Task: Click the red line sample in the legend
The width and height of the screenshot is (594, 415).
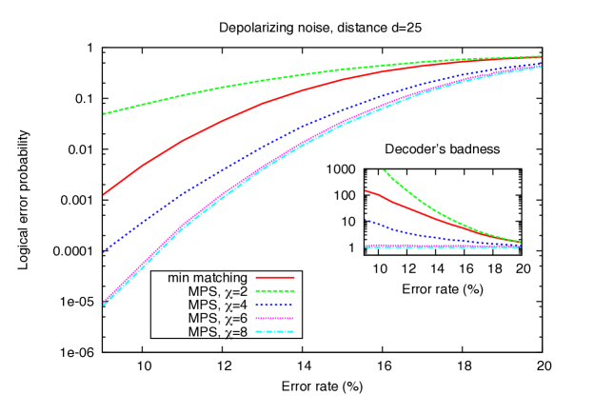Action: click(274, 278)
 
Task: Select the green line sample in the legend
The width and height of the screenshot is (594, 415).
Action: click(274, 291)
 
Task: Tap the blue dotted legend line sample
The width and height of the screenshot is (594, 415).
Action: click(274, 305)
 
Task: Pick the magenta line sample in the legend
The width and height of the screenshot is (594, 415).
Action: click(274, 319)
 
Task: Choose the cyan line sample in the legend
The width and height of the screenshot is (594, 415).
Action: click(274, 332)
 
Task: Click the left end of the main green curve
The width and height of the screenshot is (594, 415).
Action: click(105, 114)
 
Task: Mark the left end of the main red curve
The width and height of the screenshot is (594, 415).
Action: click(105, 194)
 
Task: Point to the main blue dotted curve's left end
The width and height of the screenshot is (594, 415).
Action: click(105, 251)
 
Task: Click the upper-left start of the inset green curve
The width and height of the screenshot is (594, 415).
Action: click(384, 171)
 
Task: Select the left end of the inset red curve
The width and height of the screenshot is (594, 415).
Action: click(366, 191)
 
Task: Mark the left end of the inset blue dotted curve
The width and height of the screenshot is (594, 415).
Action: click(366, 221)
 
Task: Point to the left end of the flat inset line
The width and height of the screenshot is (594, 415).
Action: click(366, 247)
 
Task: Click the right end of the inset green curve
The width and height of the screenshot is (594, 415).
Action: click(520, 242)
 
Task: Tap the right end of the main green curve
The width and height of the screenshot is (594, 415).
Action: click(541, 56)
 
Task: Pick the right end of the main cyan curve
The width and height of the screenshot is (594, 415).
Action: click(541, 67)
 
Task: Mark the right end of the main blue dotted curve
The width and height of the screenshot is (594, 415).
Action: click(541, 63)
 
